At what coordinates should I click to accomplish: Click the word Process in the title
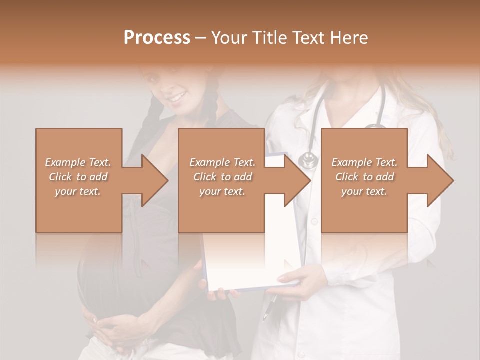tap(157, 38)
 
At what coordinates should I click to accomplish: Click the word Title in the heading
tap(268, 38)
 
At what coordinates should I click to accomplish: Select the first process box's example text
tap(78, 177)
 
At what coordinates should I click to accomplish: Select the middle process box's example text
tap(222, 177)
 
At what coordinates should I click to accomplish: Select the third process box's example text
tap(364, 177)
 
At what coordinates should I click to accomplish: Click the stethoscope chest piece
tap(308, 160)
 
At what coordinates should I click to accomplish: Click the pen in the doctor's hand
tap(268, 307)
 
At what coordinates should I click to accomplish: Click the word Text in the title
tap(306, 38)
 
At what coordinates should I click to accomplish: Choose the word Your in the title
tap(228, 38)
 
